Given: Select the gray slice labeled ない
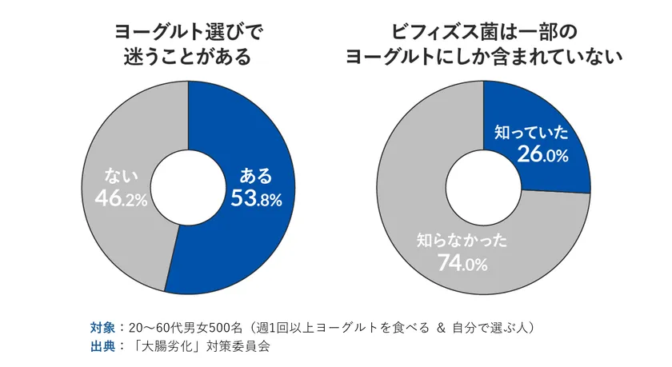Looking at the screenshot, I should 112,144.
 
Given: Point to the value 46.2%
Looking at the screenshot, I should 121,198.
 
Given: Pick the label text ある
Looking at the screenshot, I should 256,175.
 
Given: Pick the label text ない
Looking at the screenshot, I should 121,175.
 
